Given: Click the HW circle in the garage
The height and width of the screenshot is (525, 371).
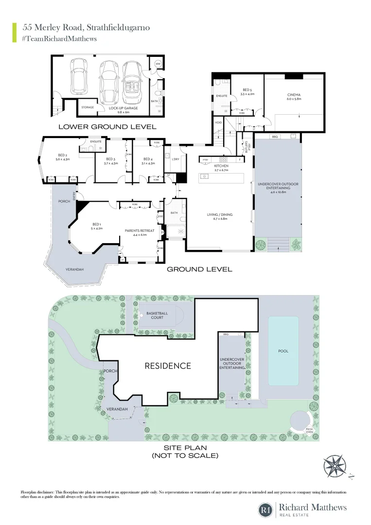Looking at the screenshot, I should tap(158, 64).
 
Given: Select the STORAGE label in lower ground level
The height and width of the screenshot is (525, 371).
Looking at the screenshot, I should tap(88, 107).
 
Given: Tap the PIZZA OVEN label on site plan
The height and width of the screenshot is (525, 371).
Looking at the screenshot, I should tap(309, 430).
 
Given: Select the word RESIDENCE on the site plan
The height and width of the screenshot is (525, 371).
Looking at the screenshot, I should tap(168, 366).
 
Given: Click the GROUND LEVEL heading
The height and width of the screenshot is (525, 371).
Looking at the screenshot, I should tap(199, 269).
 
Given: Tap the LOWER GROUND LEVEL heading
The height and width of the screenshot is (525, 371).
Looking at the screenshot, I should tap(107, 127).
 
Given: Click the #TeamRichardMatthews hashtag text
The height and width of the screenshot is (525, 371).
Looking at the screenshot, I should tap(60, 39).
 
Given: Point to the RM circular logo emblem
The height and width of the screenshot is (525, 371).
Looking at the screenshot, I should tap(265, 509).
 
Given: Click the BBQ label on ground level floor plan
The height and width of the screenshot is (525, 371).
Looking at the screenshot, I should tap(274, 137).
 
